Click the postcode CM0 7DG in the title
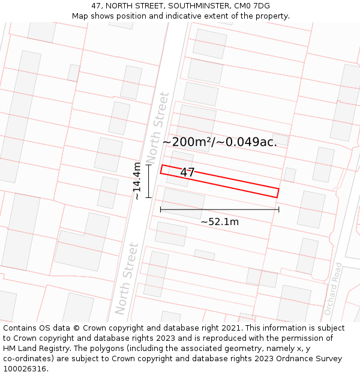point(252,6)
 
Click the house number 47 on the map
point(187,173)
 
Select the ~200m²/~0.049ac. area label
point(220,142)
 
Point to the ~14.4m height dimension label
point(137,181)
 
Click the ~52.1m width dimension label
point(220,222)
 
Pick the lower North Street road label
point(127,278)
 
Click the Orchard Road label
point(333,289)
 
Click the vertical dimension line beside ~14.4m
point(148,181)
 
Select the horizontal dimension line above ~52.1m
point(220,209)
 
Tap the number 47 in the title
point(97,6)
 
